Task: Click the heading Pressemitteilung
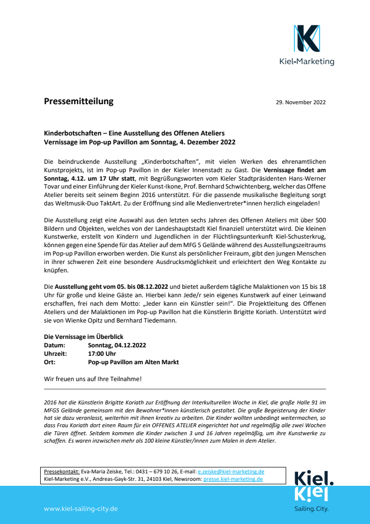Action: [x=78, y=102]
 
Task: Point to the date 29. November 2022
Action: [x=301, y=103]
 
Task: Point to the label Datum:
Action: [x=54, y=345]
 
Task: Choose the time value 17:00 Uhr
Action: [x=102, y=354]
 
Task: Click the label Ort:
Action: [x=50, y=362]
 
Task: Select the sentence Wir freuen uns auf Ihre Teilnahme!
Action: [x=93, y=379]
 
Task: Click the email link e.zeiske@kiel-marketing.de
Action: [x=231, y=471]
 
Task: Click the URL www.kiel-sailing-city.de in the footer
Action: [x=81, y=509]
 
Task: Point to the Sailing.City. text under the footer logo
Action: [x=311, y=509]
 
